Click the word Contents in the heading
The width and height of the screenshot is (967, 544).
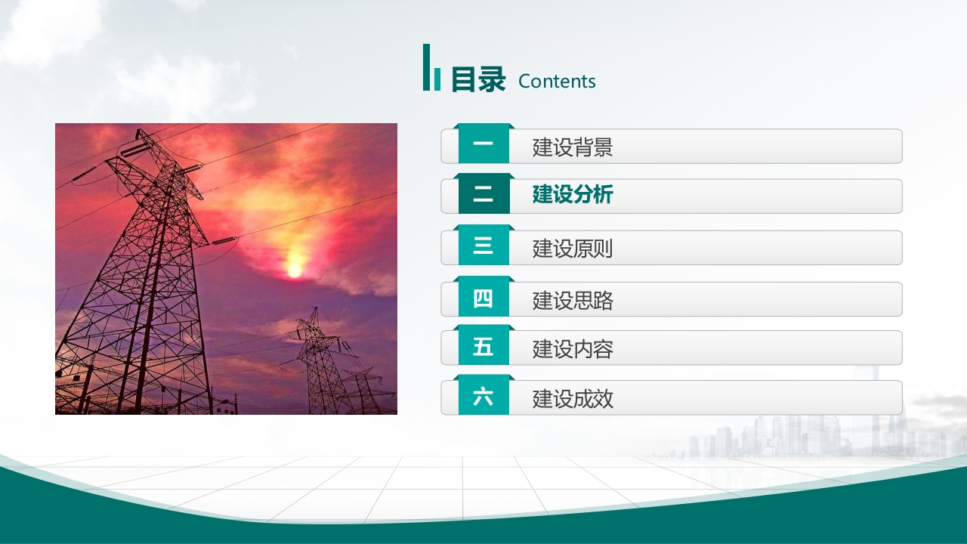click(x=557, y=81)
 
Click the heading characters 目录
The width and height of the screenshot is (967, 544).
click(x=478, y=79)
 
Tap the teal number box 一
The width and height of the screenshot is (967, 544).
click(x=483, y=144)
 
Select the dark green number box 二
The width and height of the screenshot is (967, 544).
click(x=483, y=193)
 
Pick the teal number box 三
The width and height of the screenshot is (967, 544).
click(x=483, y=245)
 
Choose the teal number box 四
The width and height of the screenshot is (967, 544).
click(x=483, y=296)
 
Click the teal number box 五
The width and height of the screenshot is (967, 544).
click(x=483, y=345)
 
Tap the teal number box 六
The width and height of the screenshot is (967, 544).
click(x=483, y=395)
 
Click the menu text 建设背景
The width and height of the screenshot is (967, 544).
click(x=573, y=147)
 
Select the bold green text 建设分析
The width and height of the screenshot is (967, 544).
click(x=573, y=194)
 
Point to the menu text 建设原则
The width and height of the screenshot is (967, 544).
click(x=573, y=249)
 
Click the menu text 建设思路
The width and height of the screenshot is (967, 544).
click(x=573, y=301)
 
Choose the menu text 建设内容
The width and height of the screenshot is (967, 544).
click(x=573, y=349)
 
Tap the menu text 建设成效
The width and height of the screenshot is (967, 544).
click(x=573, y=399)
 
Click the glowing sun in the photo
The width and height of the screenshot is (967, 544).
click(x=295, y=270)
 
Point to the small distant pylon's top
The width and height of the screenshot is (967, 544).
click(x=316, y=309)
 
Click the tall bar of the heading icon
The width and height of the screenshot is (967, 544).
click(x=427, y=67)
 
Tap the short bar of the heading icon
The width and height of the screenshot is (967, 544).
click(x=437, y=79)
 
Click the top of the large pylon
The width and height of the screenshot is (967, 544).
click(x=139, y=132)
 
